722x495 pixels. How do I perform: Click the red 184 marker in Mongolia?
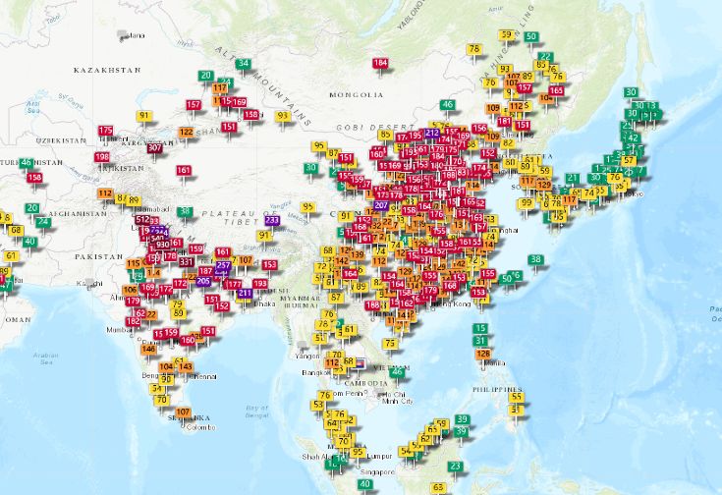(380, 64)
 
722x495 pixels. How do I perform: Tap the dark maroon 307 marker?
(154, 148)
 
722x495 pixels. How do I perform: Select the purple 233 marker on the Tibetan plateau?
(272, 220)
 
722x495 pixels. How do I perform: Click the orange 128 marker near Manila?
(482, 354)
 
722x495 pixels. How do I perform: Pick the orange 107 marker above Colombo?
(183, 412)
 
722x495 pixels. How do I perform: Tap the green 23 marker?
(455, 467)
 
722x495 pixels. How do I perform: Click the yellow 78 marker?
(474, 49)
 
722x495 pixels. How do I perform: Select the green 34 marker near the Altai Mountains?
(243, 64)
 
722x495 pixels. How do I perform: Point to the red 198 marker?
(102, 157)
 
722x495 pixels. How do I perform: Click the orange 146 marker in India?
(149, 349)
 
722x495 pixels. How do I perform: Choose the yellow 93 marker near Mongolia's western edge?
(282, 116)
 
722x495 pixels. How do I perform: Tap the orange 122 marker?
(186, 133)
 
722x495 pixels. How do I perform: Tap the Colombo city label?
(199, 427)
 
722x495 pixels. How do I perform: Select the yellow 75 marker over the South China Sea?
(390, 344)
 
